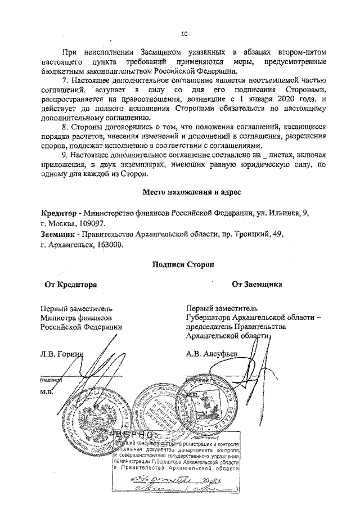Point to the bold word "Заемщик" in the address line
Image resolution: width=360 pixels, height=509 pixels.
60,234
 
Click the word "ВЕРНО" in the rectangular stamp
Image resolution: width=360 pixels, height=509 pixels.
134,435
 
